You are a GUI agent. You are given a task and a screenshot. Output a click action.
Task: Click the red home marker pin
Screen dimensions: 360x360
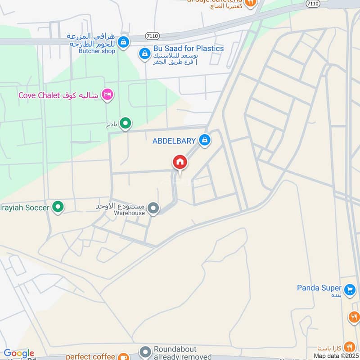[x=180, y=162]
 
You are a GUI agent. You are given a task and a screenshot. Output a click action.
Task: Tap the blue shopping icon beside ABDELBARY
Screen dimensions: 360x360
[x=205, y=140]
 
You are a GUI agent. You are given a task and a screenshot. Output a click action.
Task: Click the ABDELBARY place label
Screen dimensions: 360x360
[x=174, y=141]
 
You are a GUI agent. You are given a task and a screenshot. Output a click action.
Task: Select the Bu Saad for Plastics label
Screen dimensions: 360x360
[x=189, y=48]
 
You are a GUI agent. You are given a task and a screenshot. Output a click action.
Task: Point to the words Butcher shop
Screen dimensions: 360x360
[x=97, y=51]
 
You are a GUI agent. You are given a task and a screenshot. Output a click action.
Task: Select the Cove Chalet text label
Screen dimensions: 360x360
[x=58, y=95]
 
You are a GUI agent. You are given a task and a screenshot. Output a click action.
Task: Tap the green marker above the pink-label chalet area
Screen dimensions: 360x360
[x=126, y=122]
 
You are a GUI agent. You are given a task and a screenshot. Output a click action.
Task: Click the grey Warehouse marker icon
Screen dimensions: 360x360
[x=153, y=208]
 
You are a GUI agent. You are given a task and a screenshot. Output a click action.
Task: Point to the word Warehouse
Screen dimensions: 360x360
[x=129, y=213]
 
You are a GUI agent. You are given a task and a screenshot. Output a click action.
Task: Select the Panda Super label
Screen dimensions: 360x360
[x=319, y=288]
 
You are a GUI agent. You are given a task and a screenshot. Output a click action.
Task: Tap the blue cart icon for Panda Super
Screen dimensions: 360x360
[x=349, y=289]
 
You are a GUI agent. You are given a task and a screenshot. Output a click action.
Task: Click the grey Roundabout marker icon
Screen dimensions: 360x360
[x=145, y=352]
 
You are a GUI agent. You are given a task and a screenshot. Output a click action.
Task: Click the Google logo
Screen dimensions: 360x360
[x=19, y=354]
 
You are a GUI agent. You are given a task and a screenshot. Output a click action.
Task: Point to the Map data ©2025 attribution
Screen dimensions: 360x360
[x=335, y=356]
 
